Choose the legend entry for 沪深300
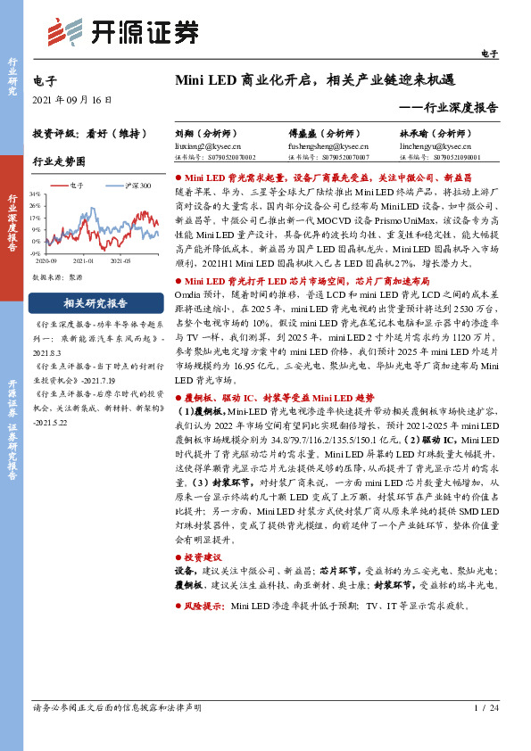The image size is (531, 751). click(133, 186)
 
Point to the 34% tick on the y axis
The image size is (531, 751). click(35, 194)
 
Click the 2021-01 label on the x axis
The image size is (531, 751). click(83, 262)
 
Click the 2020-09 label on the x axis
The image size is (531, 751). click(46, 262)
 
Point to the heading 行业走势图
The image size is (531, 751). click(59, 161)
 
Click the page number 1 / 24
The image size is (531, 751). click(485, 708)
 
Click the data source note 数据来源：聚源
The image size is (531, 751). click(56, 277)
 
